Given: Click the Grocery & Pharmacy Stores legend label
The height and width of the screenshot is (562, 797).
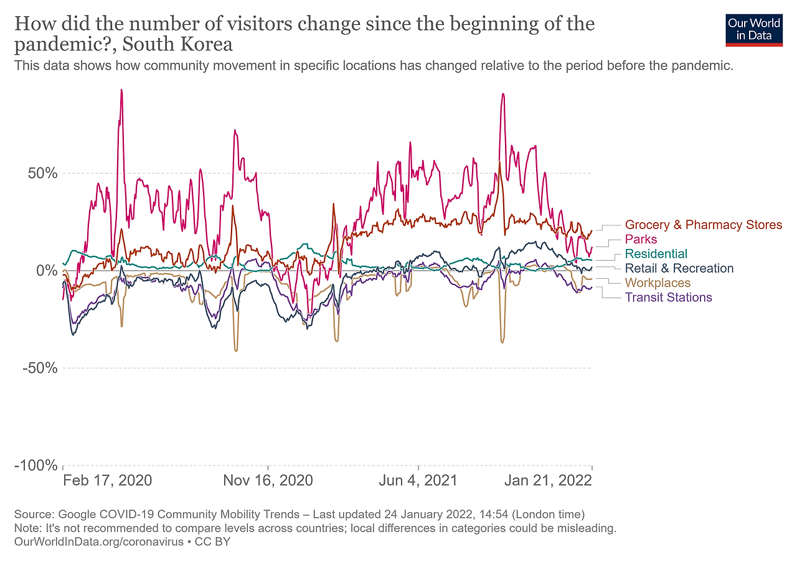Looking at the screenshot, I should (x=703, y=225).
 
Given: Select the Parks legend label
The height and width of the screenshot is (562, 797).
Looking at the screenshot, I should (x=641, y=239).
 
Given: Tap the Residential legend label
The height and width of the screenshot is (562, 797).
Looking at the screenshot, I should (x=656, y=253).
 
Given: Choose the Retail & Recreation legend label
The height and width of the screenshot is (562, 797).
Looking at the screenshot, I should (x=679, y=268).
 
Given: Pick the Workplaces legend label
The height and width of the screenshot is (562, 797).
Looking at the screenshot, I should (x=658, y=283).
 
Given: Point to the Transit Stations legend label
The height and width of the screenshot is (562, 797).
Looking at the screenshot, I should (x=668, y=297).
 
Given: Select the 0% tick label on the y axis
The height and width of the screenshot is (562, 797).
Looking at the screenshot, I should (x=47, y=271).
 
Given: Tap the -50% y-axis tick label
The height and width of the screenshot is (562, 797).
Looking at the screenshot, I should (x=40, y=368).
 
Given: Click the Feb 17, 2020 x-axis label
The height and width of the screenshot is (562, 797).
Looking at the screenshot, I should (x=108, y=480).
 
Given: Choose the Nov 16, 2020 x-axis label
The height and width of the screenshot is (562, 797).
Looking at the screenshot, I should (x=268, y=480).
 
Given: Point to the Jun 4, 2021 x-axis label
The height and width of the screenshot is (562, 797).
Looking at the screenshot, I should (x=418, y=480).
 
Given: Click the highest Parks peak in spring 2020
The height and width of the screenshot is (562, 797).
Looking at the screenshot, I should (x=121, y=90).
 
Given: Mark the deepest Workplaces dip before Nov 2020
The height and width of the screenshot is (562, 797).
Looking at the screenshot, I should (x=236, y=350).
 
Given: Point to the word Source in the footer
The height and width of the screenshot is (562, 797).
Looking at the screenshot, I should (x=32, y=515).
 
